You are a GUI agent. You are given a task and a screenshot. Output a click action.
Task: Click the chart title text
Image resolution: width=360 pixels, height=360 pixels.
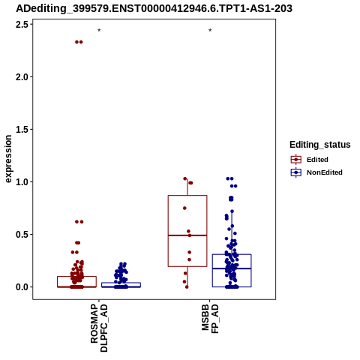point(154,8)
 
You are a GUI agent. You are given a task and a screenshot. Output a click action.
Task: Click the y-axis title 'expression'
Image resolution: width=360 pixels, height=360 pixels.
point(8,159)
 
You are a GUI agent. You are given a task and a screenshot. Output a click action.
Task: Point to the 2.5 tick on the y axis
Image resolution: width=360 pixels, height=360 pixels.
point(22,24)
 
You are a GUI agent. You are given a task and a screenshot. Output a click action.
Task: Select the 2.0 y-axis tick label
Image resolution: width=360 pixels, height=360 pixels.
point(22,76)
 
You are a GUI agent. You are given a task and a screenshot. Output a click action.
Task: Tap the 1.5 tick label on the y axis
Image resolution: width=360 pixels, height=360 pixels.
point(22,129)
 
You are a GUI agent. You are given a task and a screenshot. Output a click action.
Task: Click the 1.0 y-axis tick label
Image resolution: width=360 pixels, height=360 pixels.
point(22,181)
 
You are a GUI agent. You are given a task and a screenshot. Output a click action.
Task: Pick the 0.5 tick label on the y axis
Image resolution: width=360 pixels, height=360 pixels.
point(22,234)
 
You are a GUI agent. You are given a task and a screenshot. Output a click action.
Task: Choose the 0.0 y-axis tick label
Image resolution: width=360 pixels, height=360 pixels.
point(22,287)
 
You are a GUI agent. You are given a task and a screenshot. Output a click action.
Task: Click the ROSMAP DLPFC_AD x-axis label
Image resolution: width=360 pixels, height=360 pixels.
point(99,328)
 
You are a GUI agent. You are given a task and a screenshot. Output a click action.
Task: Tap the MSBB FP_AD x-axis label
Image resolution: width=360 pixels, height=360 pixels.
point(210,319)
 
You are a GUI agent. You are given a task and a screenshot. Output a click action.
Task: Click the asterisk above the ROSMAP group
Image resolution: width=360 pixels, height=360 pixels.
point(99,31)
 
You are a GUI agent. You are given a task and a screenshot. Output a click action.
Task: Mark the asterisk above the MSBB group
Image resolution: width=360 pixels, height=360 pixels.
point(210,31)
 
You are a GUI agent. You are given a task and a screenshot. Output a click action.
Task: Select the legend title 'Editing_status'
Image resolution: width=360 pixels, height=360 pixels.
point(320,145)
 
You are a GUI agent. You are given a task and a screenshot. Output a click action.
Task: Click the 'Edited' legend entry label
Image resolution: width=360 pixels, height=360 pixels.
point(317,160)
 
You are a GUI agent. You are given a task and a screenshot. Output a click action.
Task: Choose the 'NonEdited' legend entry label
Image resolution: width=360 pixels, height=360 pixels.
point(325,172)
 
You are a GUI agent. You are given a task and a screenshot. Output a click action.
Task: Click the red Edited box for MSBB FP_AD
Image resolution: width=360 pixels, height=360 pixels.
point(168,231)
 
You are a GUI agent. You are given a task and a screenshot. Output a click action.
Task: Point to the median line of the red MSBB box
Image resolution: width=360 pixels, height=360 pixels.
point(187,235)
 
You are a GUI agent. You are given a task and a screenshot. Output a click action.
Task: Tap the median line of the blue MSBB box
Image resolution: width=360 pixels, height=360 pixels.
point(232,268)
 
